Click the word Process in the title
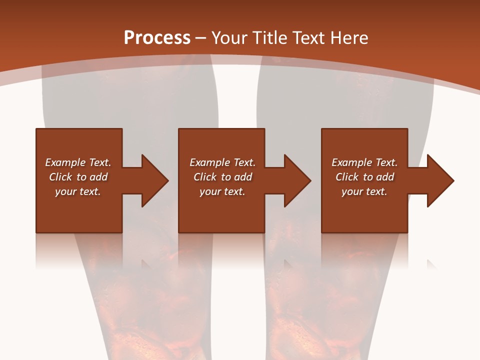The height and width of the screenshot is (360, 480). [157, 37]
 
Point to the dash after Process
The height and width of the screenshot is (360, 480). [200, 38]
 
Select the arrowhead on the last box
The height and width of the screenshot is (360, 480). [439, 180]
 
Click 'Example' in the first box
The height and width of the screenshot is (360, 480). [65, 162]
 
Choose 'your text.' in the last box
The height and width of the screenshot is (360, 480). [364, 191]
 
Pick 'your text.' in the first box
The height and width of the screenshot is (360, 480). [78, 191]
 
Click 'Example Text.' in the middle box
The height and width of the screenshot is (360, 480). [222, 162]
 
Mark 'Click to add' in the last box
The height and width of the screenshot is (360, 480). [364, 177]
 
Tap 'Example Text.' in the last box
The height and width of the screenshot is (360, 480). [364, 162]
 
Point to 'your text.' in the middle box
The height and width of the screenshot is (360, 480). [222, 191]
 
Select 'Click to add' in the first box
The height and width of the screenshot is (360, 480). [78, 177]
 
